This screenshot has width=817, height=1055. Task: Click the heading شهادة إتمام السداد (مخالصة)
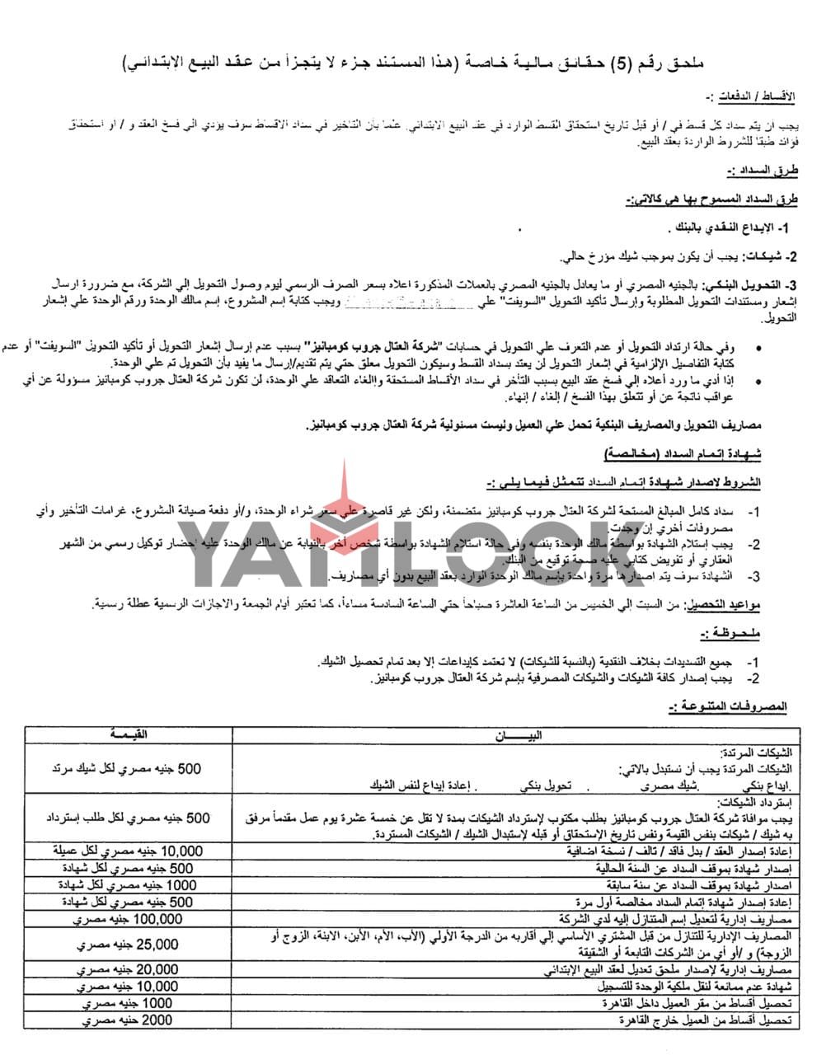696,454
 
